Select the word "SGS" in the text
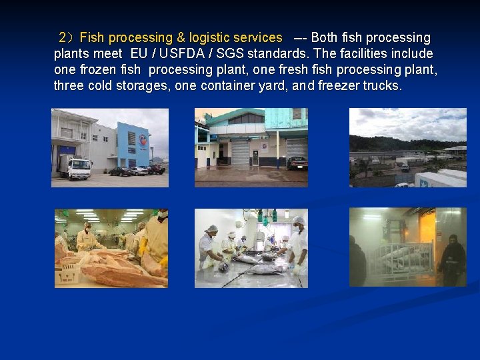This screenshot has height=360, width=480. [x=229, y=54]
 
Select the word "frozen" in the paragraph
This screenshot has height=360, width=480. [x=99, y=70]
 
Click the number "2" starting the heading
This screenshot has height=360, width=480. [x=63, y=38]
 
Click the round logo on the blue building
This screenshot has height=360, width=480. [x=143, y=139]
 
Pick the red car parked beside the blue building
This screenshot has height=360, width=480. [x=157, y=169]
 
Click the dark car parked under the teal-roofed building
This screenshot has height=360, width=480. [x=296, y=163]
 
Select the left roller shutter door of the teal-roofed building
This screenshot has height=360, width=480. [x=241, y=153]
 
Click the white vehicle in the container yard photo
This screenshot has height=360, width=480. [x=405, y=167]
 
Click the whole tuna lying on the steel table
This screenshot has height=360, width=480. [x=257, y=268]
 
